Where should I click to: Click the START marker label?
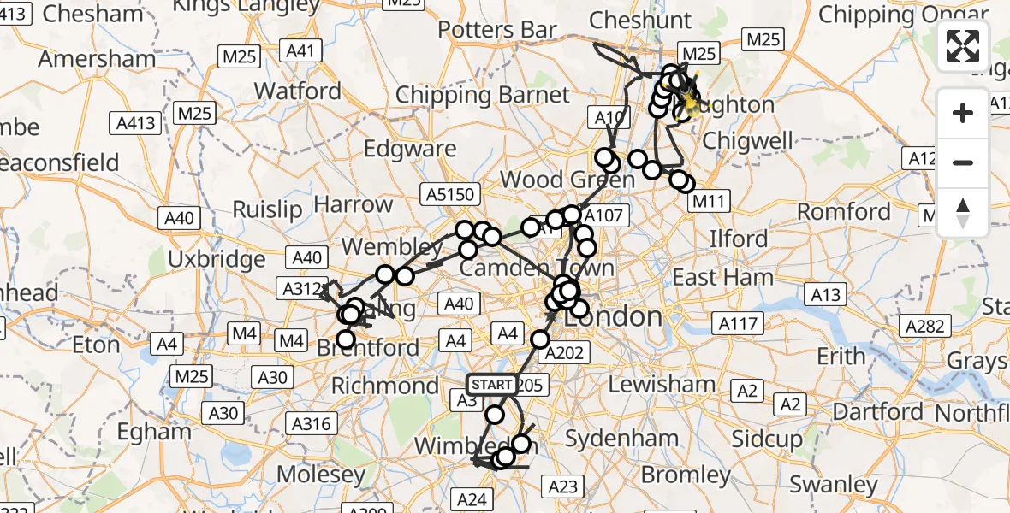tap(491, 385)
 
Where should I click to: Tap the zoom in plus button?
tap(963, 113)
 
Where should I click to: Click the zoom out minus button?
tap(963, 162)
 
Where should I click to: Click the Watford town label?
tap(298, 91)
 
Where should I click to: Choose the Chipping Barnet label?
tap(482, 95)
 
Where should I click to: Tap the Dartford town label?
tap(877, 412)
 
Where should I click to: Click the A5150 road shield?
tap(449, 195)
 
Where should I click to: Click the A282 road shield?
tap(925, 326)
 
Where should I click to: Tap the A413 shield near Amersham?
tap(136, 123)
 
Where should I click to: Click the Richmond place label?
tap(385, 386)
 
